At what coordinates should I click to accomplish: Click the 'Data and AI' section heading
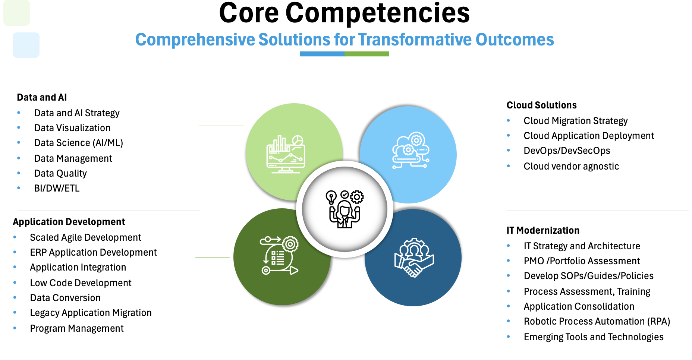42,97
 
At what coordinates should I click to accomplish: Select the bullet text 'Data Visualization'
72,128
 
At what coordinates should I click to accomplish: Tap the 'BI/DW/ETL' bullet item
57,188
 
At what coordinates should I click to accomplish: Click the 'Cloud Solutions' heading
541,105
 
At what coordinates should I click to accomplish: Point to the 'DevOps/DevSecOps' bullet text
567,151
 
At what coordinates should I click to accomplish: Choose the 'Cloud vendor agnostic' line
571,166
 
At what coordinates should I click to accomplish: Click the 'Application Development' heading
69,222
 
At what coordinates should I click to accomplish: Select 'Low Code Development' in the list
81,283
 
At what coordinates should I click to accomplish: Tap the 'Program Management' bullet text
77,328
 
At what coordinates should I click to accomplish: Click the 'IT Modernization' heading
543,230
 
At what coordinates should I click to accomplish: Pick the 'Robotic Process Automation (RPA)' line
597,321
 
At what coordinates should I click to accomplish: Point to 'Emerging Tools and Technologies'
594,337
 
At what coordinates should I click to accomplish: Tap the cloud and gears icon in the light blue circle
411,150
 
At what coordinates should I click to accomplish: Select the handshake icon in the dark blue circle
414,258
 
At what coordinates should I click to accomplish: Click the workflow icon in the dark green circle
279,256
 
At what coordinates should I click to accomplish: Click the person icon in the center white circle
345,209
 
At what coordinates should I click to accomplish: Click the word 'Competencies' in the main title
377,13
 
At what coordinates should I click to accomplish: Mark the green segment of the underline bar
367,54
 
